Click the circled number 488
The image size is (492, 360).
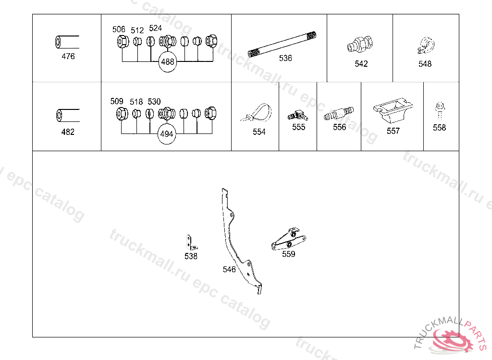click(x=168, y=62)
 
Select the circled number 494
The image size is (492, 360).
click(x=167, y=134)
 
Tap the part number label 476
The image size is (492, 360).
click(x=68, y=57)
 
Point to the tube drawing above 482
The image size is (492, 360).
click(x=68, y=115)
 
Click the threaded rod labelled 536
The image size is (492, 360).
click(x=282, y=44)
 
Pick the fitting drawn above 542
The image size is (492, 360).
click(x=360, y=44)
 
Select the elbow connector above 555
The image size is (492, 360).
click(x=298, y=115)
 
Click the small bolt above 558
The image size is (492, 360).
click(x=440, y=111)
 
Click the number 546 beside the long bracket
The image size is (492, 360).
click(x=229, y=269)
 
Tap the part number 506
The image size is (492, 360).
click(x=119, y=29)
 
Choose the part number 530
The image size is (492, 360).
click(x=154, y=102)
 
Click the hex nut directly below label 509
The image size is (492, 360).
click(x=122, y=114)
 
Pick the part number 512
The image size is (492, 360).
click(x=137, y=30)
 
